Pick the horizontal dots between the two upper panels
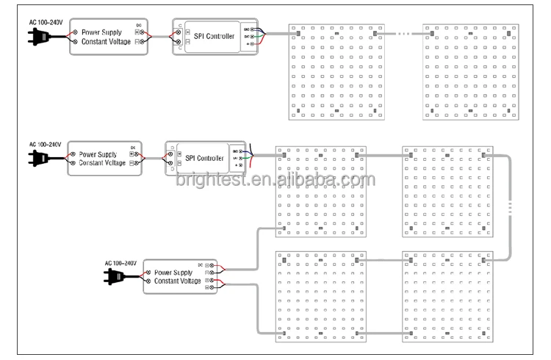[x=400, y=33]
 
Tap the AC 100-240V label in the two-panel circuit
[x=45, y=22]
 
